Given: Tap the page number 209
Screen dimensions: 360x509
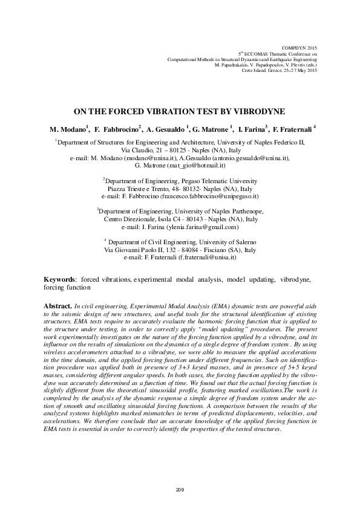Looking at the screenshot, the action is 179,488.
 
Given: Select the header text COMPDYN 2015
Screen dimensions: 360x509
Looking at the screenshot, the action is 300,47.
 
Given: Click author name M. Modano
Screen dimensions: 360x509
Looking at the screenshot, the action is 68,129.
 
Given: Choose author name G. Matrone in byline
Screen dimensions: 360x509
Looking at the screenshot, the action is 212,129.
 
